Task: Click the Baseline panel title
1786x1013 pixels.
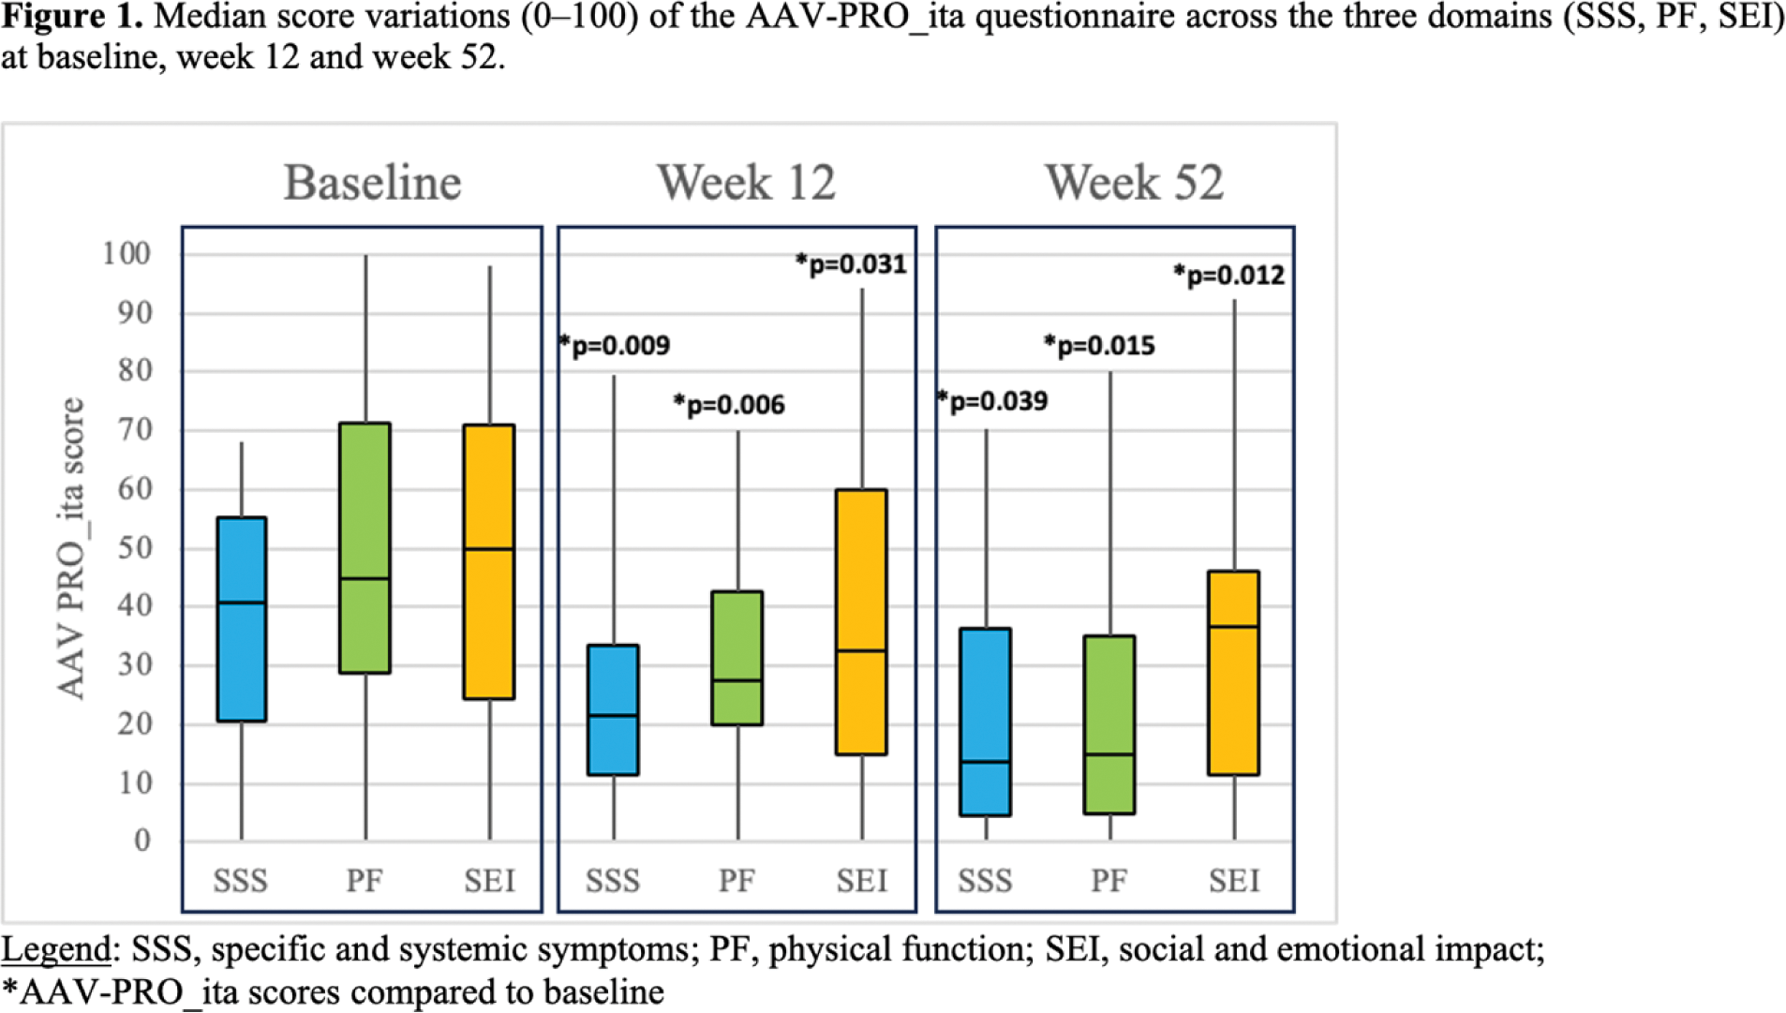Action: pyautogui.click(x=372, y=182)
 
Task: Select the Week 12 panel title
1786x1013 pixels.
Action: pyautogui.click(x=746, y=182)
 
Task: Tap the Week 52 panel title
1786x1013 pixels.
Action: pyautogui.click(x=1134, y=182)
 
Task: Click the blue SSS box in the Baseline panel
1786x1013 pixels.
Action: pyautogui.click(x=242, y=618)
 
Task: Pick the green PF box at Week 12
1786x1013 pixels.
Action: pyautogui.click(x=737, y=658)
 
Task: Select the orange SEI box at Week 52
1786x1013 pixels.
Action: pyautogui.click(x=1234, y=673)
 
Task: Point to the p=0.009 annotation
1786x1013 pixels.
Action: pyautogui.click(x=616, y=346)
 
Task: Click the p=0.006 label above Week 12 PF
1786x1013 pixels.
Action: pyautogui.click(x=730, y=405)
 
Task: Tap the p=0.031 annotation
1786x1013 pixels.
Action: pyautogui.click(x=852, y=264)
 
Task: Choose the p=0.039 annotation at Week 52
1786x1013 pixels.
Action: pyautogui.click(x=993, y=401)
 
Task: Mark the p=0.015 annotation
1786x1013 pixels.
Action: pyautogui.click(x=1100, y=346)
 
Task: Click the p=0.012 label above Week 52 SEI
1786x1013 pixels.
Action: pyautogui.click(x=1229, y=276)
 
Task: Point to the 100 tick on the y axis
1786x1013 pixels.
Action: pyautogui.click(x=127, y=253)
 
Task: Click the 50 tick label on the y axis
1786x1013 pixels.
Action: pyautogui.click(x=135, y=547)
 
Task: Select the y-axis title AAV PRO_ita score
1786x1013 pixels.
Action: pyautogui.click(x=71, y=548)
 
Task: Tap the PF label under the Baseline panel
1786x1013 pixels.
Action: pyautogui.click(x=365, y=881)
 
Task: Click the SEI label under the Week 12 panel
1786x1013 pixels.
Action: pyautogui.click(x=862, y=881)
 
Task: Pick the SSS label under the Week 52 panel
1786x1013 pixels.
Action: pyautogui.click(x=985, y=881)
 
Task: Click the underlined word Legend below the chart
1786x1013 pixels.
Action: pyautogui.click(x=56, y=949)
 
